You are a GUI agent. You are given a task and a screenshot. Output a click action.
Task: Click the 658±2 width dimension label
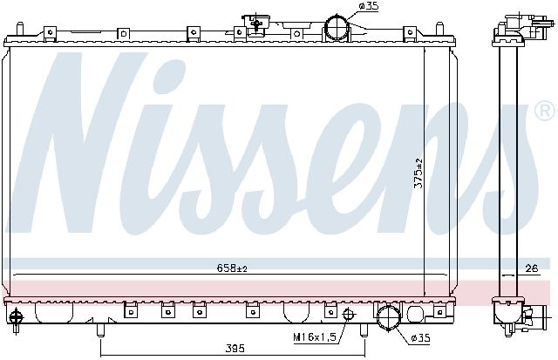232,268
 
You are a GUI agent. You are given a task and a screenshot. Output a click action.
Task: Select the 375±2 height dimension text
419,173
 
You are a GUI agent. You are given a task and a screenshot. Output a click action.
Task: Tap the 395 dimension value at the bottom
235,349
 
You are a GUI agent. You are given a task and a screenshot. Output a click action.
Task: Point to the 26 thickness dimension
532,268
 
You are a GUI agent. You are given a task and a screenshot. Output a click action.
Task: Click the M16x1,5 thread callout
315,336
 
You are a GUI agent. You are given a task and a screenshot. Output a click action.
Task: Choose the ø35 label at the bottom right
420,337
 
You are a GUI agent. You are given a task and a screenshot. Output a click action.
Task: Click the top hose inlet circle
337,27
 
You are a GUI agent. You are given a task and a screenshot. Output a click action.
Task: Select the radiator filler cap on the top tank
256,24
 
